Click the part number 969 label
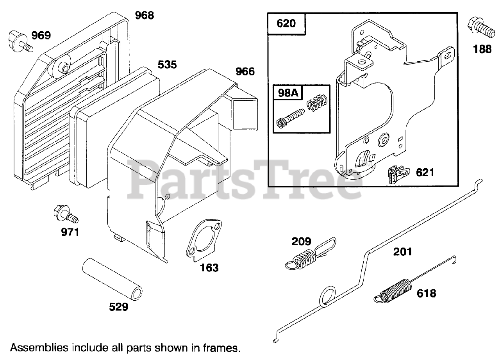point(41,36)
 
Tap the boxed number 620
point(286,23)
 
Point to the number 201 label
point(402,251)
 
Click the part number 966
point(245,72)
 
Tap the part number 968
point(145,16)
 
